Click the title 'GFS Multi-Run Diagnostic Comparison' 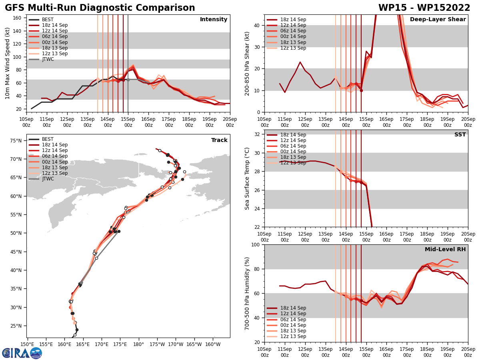100,8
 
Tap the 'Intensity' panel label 214,20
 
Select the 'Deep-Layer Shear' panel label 438,20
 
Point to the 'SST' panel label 460,135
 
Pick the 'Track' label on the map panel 219,140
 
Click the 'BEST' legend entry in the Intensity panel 48,20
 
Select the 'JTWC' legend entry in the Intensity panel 48,59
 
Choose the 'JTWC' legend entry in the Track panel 48,179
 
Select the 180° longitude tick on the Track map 138,344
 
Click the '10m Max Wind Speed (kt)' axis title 7,63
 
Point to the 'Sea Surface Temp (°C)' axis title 247,178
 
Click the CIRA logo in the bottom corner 22,353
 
